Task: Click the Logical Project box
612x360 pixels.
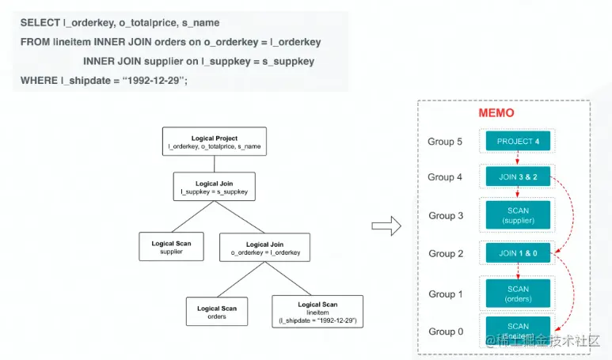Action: pos(215,142)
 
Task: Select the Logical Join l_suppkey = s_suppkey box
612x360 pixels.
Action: pos(215,187)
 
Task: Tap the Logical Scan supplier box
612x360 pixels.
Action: pos(171,246)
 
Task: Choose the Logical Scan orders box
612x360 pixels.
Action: pos(217,311)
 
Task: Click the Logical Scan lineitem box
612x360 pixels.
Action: pos(317,311)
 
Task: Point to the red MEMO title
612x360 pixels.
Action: pos(496,113)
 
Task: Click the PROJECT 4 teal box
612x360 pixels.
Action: pos(518,142)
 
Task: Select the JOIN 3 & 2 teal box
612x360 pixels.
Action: pos(518,178)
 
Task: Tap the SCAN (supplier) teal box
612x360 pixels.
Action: pos(518,215)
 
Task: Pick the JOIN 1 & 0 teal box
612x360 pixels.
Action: pos(518,253)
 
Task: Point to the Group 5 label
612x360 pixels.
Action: pos(446,142)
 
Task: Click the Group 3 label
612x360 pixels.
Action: pos(446,215)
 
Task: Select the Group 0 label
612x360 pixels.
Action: pos(446,332)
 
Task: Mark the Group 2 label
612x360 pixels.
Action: pos(446,254)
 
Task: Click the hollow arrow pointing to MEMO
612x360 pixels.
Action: pos(386,226)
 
